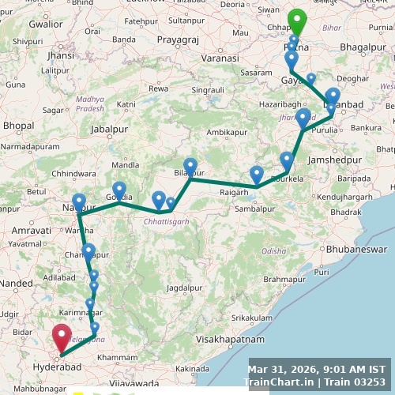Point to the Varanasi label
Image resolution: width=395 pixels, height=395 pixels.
[219, 58]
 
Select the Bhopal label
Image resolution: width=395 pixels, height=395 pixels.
[18, 125]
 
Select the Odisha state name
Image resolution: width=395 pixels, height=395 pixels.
[274, 250]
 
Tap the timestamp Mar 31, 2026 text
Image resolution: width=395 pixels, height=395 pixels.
[287, 369]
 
